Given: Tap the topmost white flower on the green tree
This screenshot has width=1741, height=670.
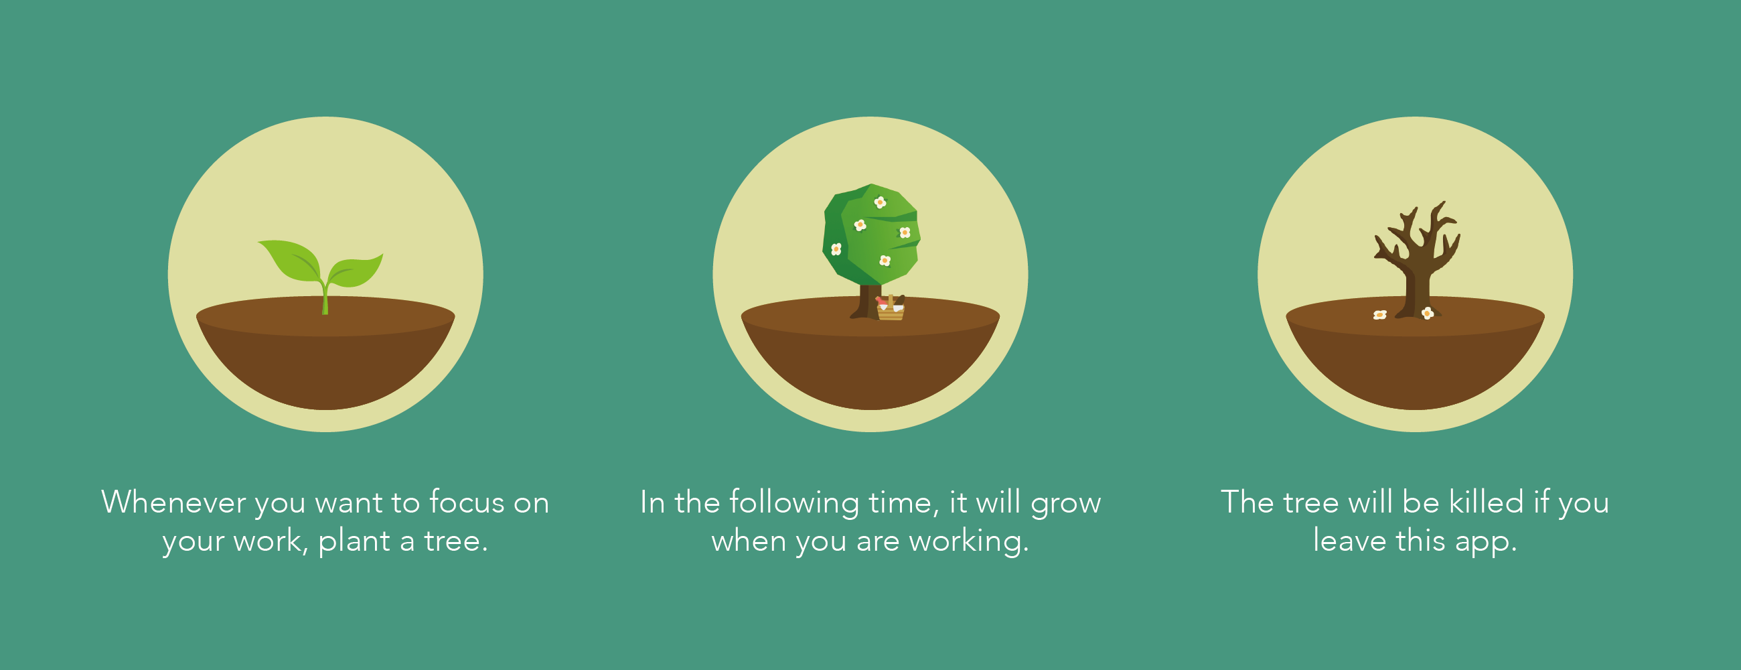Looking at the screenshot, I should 880,202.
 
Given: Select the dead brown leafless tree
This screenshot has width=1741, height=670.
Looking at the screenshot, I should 1417,260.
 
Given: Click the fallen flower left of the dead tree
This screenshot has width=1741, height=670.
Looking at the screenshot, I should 1380,314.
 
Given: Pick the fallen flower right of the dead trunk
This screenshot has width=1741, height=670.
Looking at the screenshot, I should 1428,312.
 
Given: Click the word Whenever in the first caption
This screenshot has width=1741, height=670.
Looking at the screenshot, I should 173,503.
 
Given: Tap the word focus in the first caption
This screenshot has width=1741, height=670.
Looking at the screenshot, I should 467,503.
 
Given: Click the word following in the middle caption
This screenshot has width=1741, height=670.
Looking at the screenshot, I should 794,504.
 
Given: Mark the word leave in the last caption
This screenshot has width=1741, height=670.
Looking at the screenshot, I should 1349,541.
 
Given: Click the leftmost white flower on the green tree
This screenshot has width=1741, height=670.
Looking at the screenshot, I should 836,249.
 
